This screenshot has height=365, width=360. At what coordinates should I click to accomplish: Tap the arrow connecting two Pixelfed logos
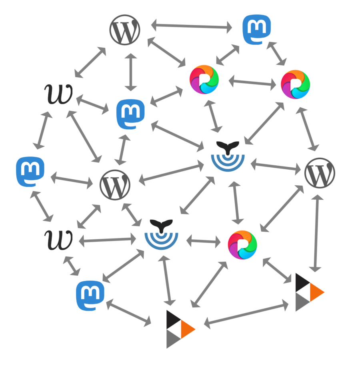[253, 82]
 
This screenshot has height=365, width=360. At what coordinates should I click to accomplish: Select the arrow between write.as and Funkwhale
[108, 241]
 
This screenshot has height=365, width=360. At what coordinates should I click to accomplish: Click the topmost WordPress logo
[125, 30]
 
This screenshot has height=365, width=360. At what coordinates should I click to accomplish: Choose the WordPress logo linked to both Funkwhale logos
[115, 185]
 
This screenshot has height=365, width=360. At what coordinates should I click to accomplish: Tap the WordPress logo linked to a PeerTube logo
[320, 173]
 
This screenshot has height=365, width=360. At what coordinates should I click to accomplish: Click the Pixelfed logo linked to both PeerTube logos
[242, 245]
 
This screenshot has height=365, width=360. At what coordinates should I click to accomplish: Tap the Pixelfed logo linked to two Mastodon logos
[204, 80]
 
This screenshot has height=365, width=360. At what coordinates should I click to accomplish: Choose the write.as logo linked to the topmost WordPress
[59, 94]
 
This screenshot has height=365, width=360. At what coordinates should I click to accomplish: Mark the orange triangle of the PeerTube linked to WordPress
[318, 292]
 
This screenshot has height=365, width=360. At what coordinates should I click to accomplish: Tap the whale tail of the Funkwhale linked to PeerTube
[161, 226]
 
